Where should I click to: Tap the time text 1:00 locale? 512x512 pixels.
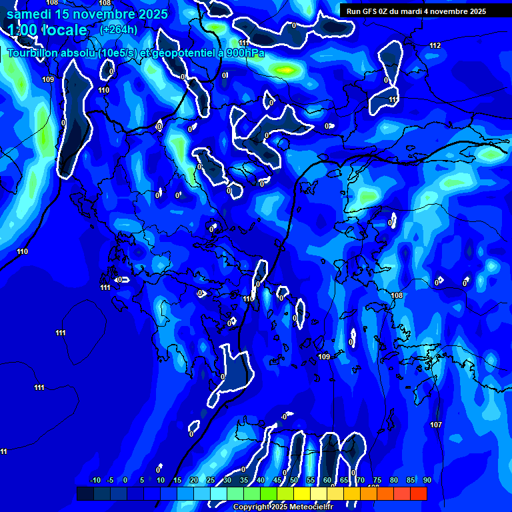47,30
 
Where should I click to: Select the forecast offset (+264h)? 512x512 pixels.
119,29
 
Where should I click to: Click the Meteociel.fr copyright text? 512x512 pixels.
283,507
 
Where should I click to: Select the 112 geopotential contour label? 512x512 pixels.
435,45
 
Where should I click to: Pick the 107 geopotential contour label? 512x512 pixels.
436,425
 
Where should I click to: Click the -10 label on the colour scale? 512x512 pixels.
95,480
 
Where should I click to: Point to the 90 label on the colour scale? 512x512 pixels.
427,480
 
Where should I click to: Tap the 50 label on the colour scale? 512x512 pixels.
294,480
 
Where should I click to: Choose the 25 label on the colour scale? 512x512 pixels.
211,480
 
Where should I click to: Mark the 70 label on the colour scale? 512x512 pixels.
361,480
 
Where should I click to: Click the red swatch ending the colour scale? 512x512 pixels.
419,493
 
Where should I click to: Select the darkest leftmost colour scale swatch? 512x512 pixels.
85,493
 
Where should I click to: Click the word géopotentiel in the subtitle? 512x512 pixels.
185,53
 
